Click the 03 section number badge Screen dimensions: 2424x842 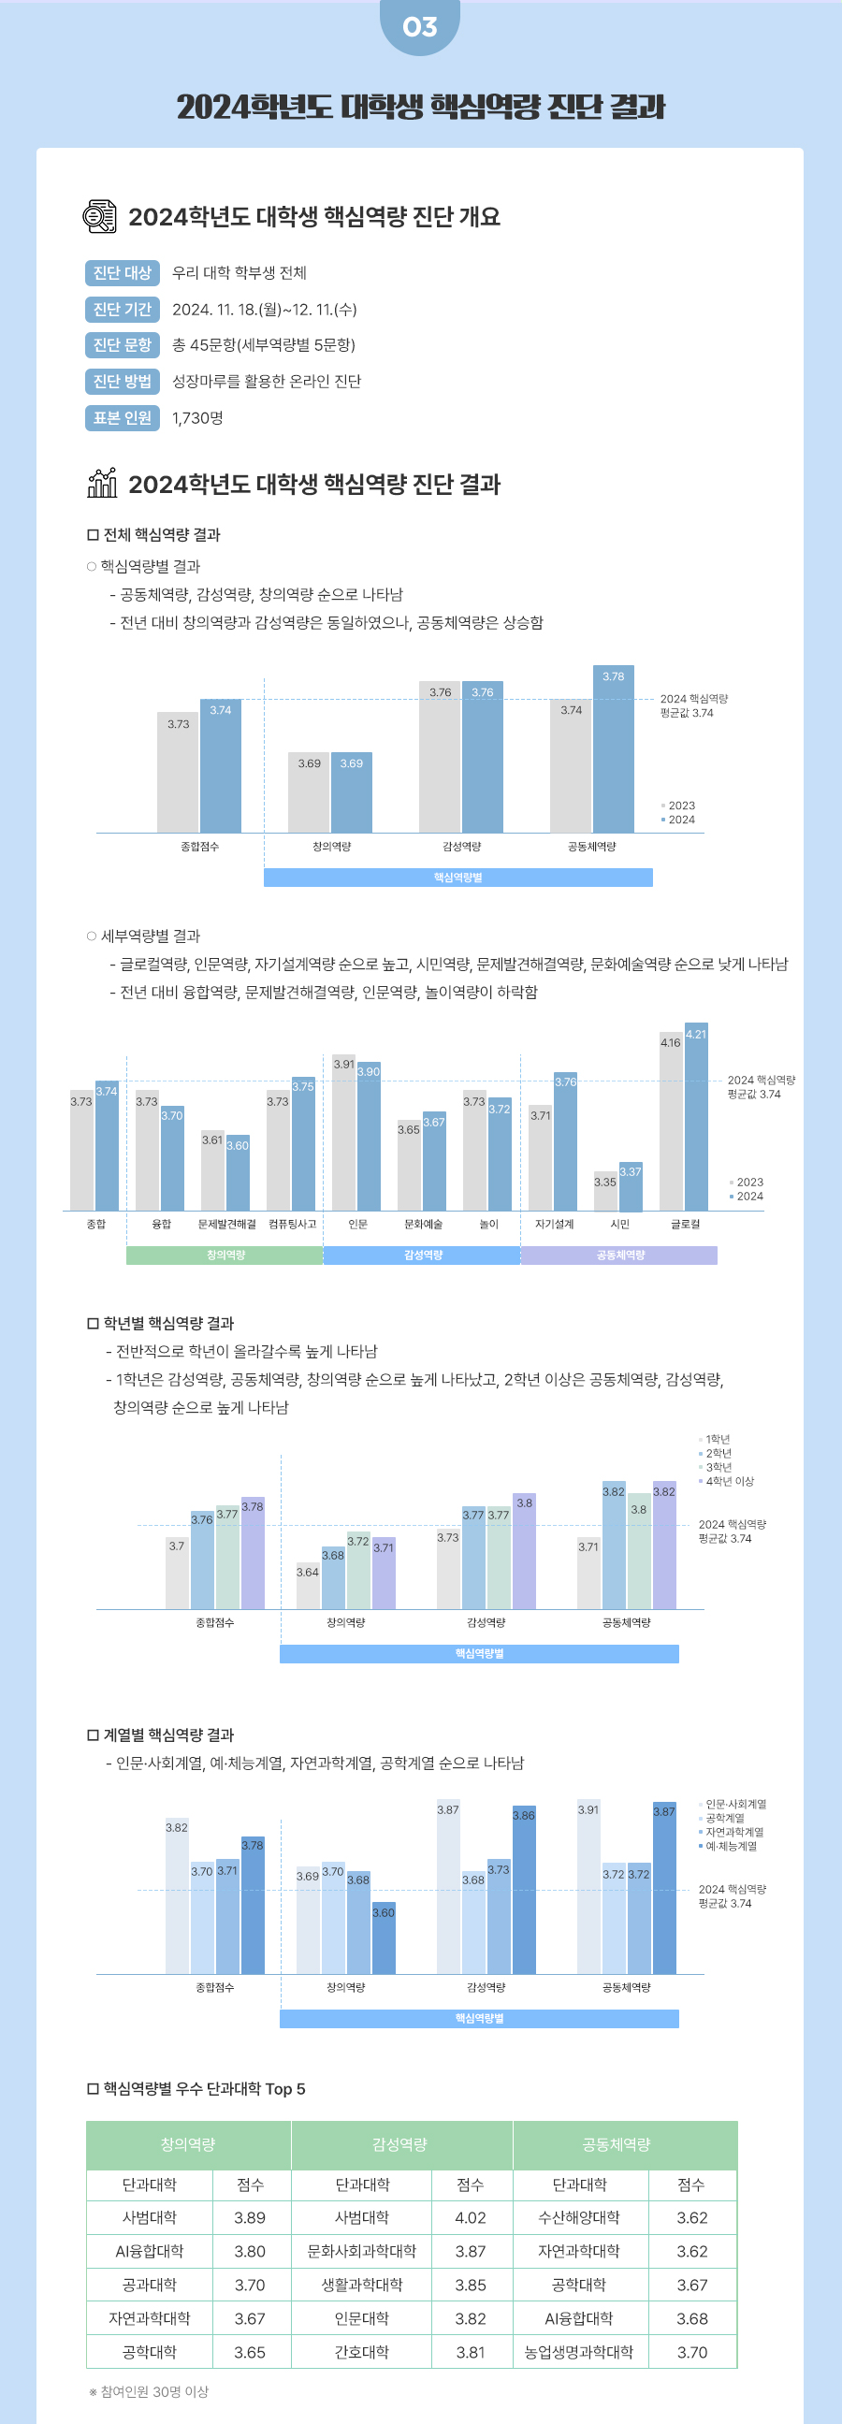pos(419,26)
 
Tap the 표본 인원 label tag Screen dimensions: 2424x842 pos(123,418)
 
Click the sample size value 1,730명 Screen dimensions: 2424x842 pos(197,418)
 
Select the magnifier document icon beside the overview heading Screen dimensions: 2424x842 pos(100,216)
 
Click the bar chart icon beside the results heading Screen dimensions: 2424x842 pos(102,483)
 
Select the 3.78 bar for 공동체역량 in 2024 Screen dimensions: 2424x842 pos(614,753)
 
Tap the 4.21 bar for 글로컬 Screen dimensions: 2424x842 pos(696,1120)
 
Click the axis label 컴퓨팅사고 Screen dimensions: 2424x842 pos(292,1225)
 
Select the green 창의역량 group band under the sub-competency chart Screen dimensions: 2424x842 pos(225,1256)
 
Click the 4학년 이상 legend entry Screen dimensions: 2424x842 pos(729,1481)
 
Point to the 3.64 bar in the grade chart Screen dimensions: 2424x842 pos(308,1588)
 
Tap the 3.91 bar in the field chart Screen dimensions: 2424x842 pos(588,1892)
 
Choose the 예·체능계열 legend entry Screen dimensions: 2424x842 pos(731,1846)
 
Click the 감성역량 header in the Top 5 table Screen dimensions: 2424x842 pos(400,2144)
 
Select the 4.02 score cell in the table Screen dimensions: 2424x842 pos(471,2218)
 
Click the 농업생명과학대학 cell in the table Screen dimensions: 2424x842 pos(579,2353)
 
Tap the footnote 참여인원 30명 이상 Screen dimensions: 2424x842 pos(151,2392)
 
